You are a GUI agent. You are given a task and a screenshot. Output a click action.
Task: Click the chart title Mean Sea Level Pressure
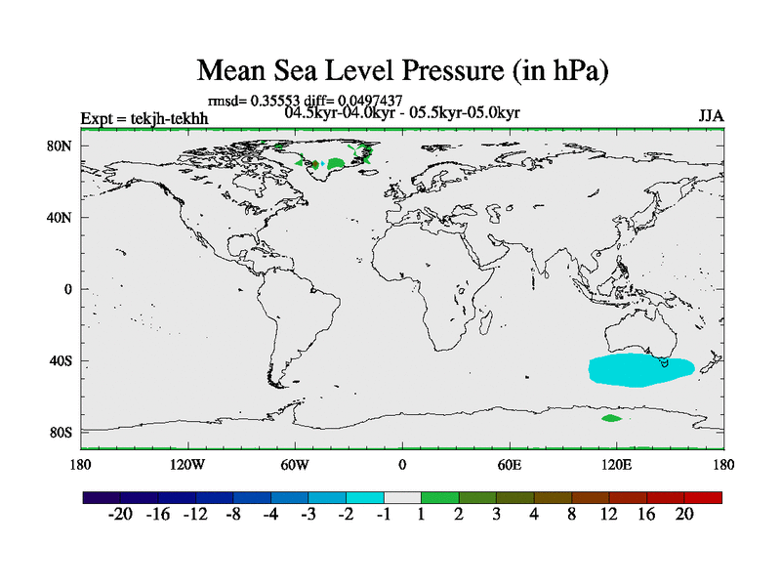click(x=402, y=70)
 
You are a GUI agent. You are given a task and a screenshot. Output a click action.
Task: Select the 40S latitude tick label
click(x=61, y=360)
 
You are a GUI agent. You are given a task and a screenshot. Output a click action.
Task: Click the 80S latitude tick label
click(x=61, y=432)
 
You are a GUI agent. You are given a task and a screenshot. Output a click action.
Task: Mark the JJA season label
click(x=711, y=117)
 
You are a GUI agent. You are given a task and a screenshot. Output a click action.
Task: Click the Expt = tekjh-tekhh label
click(x=144, y=119)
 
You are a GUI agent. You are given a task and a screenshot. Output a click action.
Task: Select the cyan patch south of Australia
click(x=639, y=370)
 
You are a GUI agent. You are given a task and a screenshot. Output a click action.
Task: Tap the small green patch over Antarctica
click(x=611, y=418)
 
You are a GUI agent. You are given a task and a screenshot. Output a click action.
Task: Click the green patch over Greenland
click(x=337, y=162)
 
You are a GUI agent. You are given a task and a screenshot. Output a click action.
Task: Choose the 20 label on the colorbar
click(x=683, y=515)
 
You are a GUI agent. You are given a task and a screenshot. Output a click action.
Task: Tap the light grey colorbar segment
click(x=402, y=497)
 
